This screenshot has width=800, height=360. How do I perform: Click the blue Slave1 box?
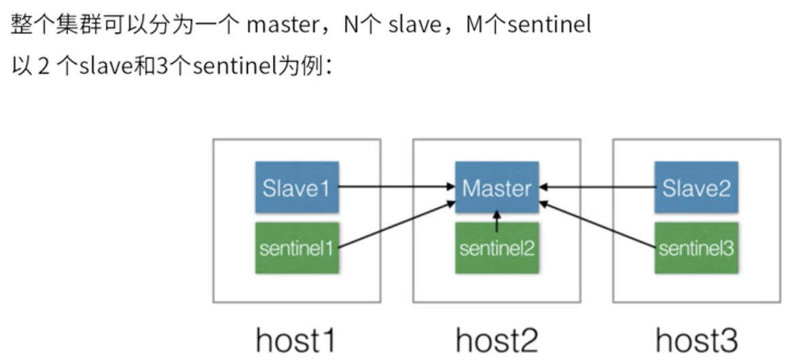(296, 187)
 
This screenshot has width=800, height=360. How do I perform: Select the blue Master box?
(496, 187)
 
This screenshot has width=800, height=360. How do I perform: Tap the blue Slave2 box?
(696, 187)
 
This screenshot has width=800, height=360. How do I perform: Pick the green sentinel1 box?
(296, 248)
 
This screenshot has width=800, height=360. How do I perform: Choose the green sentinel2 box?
(496, 248)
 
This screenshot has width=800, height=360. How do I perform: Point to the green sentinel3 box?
(696, 248)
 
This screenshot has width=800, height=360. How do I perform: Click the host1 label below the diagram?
(296, 339)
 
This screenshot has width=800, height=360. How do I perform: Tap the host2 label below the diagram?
(496, 339)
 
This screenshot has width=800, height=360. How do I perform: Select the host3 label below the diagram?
(696, 339)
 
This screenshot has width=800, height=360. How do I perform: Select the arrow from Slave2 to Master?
(598, 186)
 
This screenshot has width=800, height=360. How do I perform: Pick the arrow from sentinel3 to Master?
(598, 226)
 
